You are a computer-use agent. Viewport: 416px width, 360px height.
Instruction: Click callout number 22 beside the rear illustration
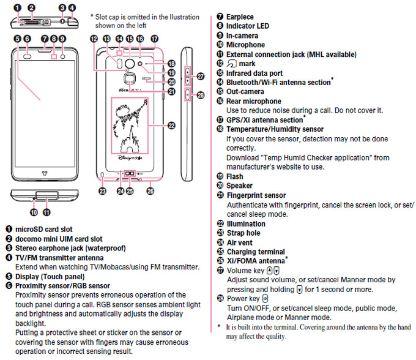tap(172, 126)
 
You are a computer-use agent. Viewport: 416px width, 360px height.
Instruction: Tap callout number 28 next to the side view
tap(201, 95)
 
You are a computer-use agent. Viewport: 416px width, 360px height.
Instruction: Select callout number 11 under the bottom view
tap(46, 212)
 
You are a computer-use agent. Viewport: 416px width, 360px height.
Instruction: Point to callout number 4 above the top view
tap(72, 8)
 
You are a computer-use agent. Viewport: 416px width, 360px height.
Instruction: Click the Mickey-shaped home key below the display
tap(45, 173)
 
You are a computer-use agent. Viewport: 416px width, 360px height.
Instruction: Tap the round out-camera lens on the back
tap(130, 64)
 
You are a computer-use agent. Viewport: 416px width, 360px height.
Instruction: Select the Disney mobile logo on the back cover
tap(130, 158)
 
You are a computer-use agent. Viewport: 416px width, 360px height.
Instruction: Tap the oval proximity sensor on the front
tap(28, 56)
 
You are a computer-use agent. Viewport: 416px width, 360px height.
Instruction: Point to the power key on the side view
tap(187, 94)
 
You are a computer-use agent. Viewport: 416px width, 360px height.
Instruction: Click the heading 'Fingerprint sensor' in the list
tap(256, 195)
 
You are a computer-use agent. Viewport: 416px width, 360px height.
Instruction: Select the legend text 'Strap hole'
tap(243, 233)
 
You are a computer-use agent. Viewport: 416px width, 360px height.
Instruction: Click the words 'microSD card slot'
tap(44, 230)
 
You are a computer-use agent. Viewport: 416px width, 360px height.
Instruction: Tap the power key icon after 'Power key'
tap(265, 299)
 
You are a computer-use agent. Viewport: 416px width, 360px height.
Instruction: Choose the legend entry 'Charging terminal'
tap(256, 252)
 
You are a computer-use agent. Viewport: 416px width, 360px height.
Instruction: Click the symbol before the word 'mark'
tap(232, 64)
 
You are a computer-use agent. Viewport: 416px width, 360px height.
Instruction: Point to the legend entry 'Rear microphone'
tap(254, 102)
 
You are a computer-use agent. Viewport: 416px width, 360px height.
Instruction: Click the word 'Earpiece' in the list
tap(240, 17)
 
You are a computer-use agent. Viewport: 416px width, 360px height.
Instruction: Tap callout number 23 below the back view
tap(102, 191)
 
